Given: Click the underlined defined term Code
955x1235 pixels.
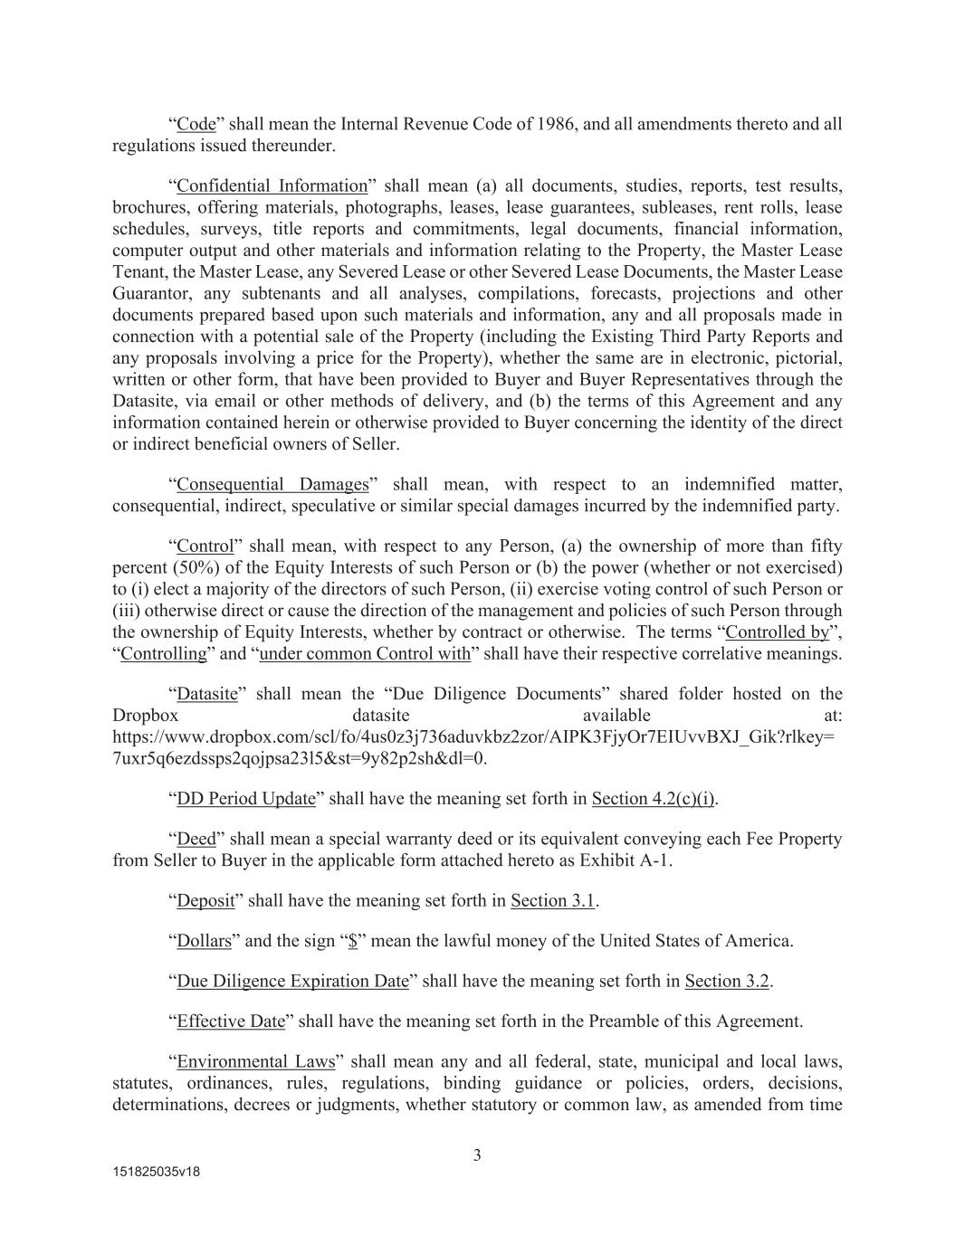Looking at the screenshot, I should [x=196, y=124].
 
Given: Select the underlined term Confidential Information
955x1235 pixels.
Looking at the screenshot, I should [x=272, y=186].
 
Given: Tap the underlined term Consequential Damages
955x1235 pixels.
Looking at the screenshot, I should [x=272, y=485].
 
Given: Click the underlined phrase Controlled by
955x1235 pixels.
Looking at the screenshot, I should [x=778, y=632].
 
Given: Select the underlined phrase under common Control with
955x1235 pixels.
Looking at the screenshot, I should [x=365, y=654].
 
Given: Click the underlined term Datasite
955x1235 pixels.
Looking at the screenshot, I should [x=206, y=695].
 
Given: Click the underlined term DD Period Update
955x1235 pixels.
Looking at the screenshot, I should [x=245, y=799].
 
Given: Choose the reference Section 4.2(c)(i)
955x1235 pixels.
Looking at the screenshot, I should [x=653, y=799].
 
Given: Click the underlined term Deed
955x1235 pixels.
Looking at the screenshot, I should [x=196, y=840].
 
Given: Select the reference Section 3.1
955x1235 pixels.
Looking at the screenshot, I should [x=552, y=901].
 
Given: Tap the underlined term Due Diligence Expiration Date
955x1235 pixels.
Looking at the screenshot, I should [x=292, y=982].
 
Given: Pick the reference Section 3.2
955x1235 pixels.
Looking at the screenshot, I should [x=727, y=982].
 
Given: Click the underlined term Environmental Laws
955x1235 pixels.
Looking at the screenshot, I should [x=255, y=1062].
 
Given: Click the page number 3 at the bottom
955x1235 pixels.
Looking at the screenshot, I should [x=477, y=1155].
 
